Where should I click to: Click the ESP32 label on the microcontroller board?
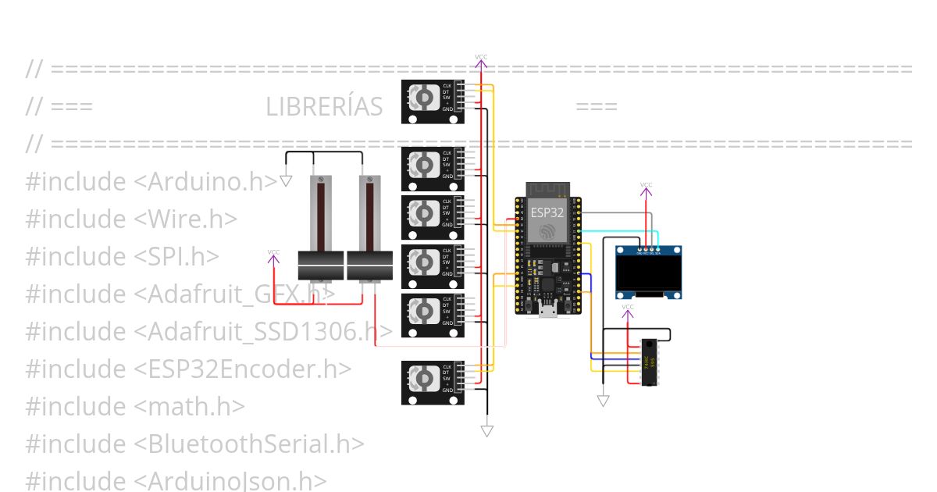[547, 212]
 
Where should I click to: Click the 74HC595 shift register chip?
[648, 362]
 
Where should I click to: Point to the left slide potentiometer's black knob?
[321, 266]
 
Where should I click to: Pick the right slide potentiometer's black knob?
[369, 266]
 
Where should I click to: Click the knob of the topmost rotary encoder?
[423, 98]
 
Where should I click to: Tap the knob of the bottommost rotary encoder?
[423, 380]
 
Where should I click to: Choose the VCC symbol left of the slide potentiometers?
[273, 256]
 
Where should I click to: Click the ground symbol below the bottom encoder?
[487, 430]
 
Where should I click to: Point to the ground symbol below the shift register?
[603, 401]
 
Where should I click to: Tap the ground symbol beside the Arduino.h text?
[286, 180]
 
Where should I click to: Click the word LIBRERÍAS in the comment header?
[324, 107]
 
